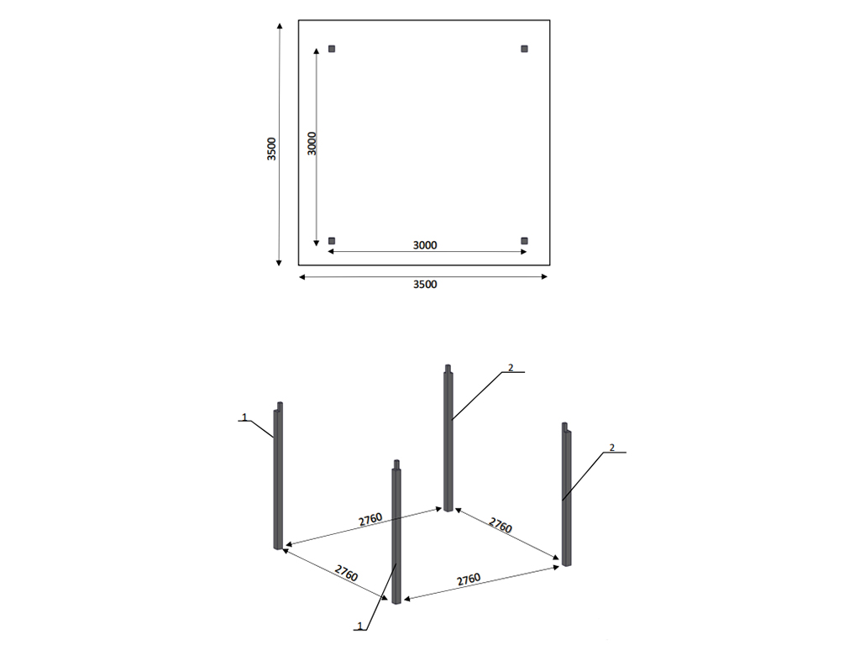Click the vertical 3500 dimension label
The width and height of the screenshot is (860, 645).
point(271,149)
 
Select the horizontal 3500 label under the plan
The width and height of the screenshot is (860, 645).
point(425,284)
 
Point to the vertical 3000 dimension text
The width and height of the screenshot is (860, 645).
point(312,143)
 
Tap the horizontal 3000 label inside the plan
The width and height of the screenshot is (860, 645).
point(425,244)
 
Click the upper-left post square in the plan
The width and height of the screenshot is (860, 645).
point(332,49)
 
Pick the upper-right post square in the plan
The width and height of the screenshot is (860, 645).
point(524,49)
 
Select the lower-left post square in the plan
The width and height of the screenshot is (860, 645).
point(332,241)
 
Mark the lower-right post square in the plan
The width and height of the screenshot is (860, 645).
point(524,241)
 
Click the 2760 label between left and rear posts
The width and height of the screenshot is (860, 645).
point(370,519)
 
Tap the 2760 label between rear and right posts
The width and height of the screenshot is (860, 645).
point(501,525)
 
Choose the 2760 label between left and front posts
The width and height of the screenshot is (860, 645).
point(346,573)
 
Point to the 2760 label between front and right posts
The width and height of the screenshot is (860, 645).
point(469,579)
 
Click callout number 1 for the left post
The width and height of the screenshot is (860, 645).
point(245,417)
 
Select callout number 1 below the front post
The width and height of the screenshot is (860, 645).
point(359,626)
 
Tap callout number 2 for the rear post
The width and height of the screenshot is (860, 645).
point(511,368)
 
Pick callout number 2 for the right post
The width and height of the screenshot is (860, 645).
point(612,448)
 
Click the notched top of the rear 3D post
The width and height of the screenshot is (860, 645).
point(448,369)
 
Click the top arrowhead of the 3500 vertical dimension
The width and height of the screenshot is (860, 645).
point(280,26)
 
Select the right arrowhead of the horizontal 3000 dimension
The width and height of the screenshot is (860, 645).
point(523,252)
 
